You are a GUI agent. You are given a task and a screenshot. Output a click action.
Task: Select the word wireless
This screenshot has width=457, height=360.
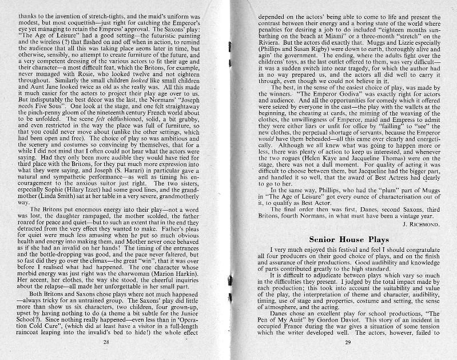click(49, 45)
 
